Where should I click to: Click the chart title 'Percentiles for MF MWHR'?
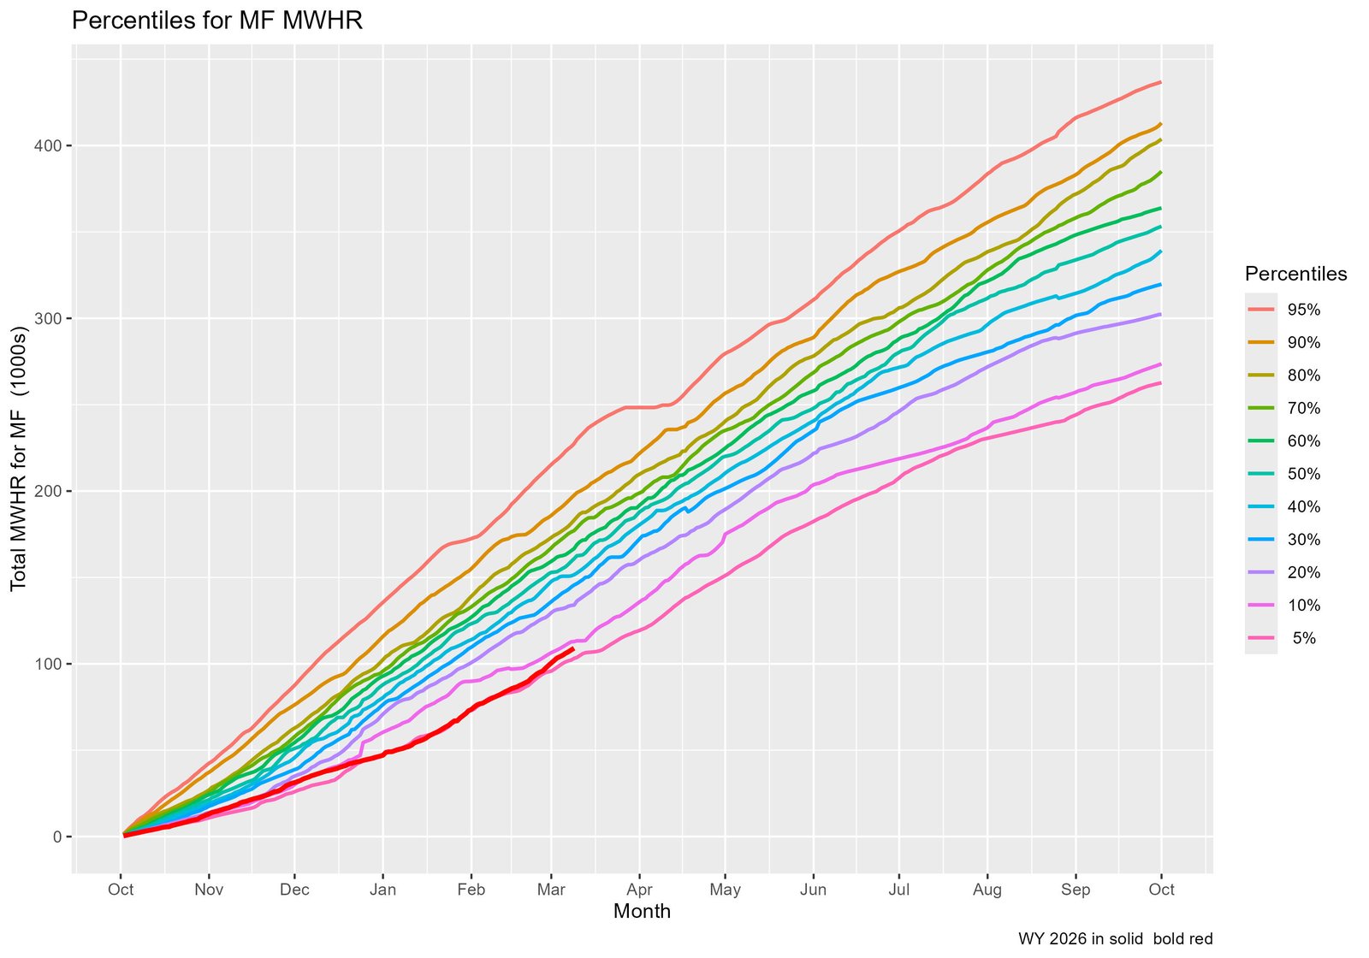pos(217,21)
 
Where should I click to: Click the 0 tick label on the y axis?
pos(57,837)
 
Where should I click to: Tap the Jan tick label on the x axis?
pos(382,890)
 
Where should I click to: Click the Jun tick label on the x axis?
pos(813,890)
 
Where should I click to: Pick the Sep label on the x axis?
pos(1076,890)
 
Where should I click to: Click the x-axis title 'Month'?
pos(642,912)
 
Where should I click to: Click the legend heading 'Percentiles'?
pos(1295,275)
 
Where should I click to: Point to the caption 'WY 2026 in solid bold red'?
pos(1115,939)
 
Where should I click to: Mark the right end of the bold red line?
pos(572,648)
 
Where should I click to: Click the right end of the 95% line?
pos(1160,82)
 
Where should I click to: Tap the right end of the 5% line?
pos(1160,382)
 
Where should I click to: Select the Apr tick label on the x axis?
pos(639,890)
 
